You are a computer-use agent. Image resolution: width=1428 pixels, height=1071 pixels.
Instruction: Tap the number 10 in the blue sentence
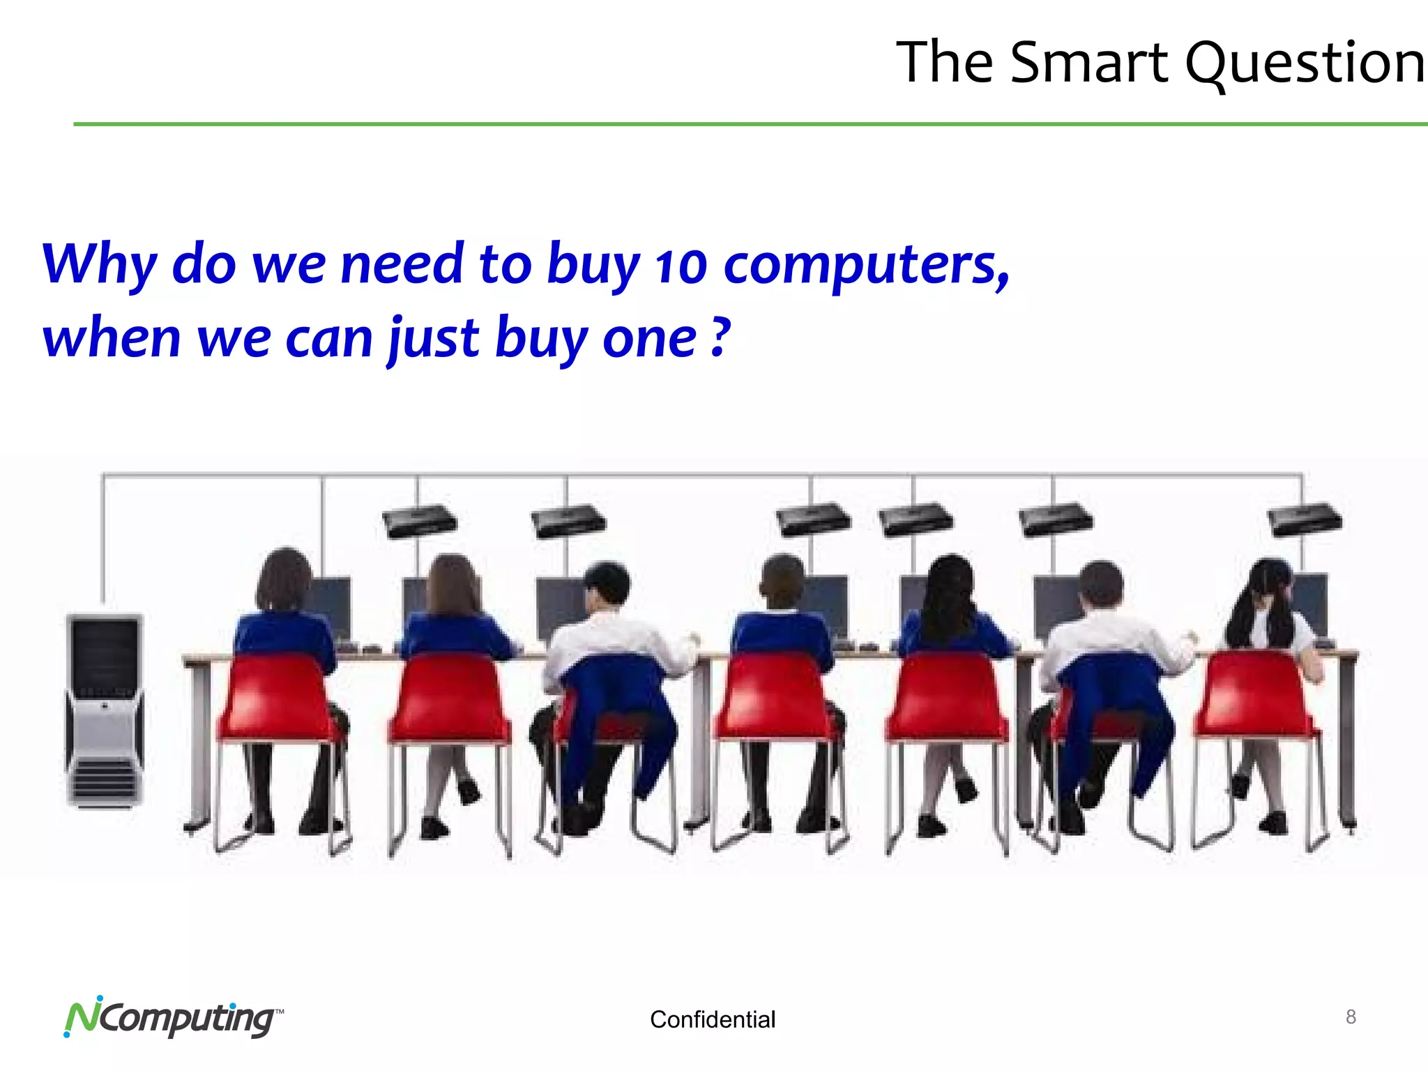coord(681,266)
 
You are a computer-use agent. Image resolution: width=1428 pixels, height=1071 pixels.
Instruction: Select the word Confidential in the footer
coord(712,1019)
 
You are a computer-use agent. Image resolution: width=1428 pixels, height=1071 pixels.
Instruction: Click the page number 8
coord(1351,1017)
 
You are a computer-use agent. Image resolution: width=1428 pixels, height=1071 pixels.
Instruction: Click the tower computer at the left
coord(105,711)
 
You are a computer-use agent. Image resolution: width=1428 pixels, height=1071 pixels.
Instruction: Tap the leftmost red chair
coord(279,704)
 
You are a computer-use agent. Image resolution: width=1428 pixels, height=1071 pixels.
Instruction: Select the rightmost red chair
coord(1255,704)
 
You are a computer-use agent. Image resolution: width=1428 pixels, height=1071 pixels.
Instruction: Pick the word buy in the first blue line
coord(593,266)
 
